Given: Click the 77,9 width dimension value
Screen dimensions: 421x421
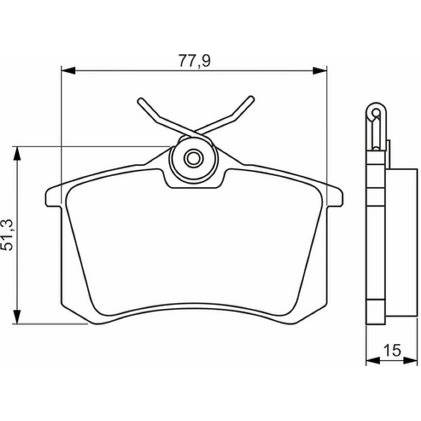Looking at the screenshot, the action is tap(195, 61).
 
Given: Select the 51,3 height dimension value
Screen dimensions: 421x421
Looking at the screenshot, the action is tap(7, 235).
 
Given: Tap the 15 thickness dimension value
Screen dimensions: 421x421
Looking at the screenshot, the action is tap(392, 350).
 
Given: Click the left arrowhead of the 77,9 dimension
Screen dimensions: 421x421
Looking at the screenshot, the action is tap(68, 71).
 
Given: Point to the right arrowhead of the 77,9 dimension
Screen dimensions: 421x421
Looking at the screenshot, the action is tap(320, 71).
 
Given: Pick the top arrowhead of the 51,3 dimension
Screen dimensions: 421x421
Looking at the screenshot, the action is tap(17, 154).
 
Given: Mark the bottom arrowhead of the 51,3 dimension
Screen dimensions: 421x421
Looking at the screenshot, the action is tap(17, 317).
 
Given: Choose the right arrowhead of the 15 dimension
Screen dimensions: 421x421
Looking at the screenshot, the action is tap(411, 361).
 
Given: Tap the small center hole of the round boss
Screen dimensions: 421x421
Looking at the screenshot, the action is tap(193, 159).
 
